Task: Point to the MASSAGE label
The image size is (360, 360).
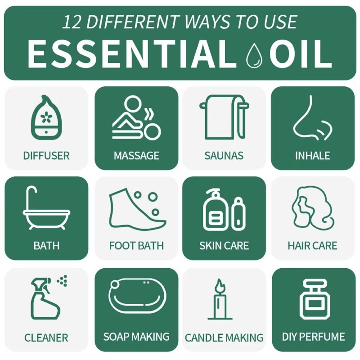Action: pos(136,156)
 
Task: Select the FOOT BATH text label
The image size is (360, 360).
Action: pos(136,246)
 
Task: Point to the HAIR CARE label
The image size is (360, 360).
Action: pos(312,246)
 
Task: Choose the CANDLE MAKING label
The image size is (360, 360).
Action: pos(224,337)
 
